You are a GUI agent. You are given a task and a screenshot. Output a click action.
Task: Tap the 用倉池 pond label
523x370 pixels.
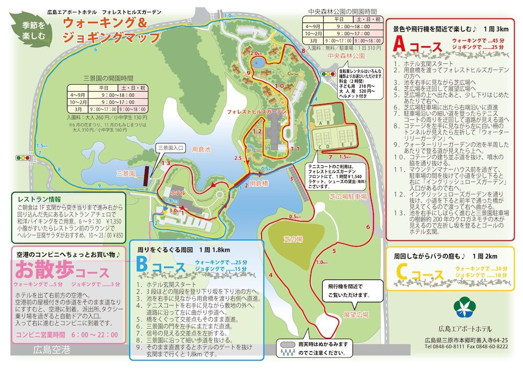201,149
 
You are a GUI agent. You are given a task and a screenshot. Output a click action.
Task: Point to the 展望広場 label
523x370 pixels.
356,315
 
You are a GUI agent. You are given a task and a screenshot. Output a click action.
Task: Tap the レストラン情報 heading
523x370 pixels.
39,199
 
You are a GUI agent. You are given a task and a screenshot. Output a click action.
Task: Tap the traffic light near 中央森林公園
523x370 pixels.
327,75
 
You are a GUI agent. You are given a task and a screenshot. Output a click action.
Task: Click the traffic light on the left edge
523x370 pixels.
24,158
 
